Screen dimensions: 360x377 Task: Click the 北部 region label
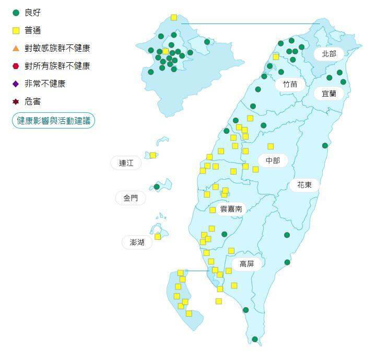coord(329,54)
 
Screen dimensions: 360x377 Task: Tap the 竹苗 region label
coord(290,84)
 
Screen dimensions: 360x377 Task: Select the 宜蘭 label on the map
coord(329,94)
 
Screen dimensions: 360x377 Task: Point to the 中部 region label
coord(273,160)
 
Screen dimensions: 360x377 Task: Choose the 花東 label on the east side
coord(304,184)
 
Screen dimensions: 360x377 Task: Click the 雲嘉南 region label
coord(231,208)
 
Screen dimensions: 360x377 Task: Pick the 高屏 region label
coord(246,264)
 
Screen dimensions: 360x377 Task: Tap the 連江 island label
coord(126,163)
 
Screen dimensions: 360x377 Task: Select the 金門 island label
coord(131,198)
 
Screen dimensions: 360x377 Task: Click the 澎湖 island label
coord(137,242)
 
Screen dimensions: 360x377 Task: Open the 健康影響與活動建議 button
coord(53,121)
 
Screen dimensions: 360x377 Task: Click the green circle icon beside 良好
coord(16,13)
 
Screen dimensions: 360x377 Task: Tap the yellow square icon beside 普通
coord(16,30)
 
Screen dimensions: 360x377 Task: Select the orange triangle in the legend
coord(16,48)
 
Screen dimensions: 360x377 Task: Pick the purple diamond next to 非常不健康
coord(16,84)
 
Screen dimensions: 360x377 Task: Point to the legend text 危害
coord(32,101)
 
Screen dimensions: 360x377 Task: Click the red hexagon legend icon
coord(16,66)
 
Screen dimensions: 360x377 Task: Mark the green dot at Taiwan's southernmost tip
coord(255,339)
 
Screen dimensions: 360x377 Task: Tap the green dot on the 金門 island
coord(157,187)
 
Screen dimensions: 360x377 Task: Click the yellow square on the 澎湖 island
coord(158,237)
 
